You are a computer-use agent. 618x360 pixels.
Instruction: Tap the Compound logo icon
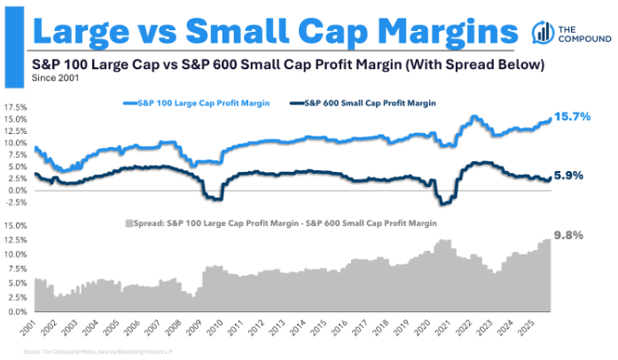pyautogui.click(x=543, y=33)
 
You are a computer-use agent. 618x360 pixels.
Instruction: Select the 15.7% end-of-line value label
pyautogui.click(x=574, y=117)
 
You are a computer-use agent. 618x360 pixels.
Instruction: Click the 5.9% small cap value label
pyautogui.click(x=568, y=176)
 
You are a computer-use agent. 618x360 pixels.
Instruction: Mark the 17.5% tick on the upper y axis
pyautogui.click(x=15, y=106)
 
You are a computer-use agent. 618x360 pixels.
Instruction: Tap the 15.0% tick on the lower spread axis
pyautogui.click(x=15, y=225)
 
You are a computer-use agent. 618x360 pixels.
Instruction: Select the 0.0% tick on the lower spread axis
pyautogui.click(x=17, y=312)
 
